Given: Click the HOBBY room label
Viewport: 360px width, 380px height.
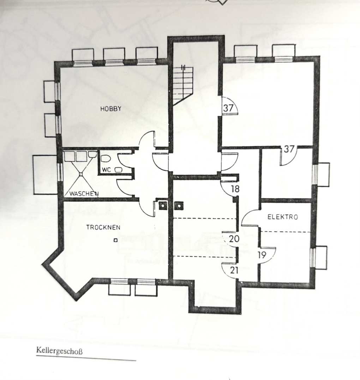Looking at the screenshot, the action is click(111, 108).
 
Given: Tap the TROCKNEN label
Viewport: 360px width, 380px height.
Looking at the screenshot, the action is click(103, 227).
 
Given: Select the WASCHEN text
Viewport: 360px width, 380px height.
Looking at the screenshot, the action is click(84, 194).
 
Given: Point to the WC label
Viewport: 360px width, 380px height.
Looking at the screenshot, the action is click(106, 170).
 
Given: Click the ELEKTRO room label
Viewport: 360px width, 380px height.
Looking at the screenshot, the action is click(282, 216).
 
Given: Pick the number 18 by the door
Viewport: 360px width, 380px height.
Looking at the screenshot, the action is click(235, 189).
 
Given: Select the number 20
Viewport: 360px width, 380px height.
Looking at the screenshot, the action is click(234, 239).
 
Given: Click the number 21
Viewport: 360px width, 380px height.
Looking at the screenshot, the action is click(234, 270).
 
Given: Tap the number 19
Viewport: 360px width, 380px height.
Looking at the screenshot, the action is click(262, 255).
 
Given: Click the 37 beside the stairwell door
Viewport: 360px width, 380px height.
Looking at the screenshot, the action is click(228, 108).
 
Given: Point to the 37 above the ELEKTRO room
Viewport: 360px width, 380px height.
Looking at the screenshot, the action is click(289, 149).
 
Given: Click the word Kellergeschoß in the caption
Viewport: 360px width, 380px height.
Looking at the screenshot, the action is click(59, 351).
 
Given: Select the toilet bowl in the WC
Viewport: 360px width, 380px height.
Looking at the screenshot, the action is click(106, 159).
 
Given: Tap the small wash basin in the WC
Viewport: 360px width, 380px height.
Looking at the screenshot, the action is click(118, 170).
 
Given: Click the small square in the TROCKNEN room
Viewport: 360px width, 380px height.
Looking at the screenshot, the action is click(115, 240).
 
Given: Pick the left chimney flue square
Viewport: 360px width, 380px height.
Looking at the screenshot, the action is click(163, 206).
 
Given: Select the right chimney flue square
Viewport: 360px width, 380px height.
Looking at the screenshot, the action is click(179, 206).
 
